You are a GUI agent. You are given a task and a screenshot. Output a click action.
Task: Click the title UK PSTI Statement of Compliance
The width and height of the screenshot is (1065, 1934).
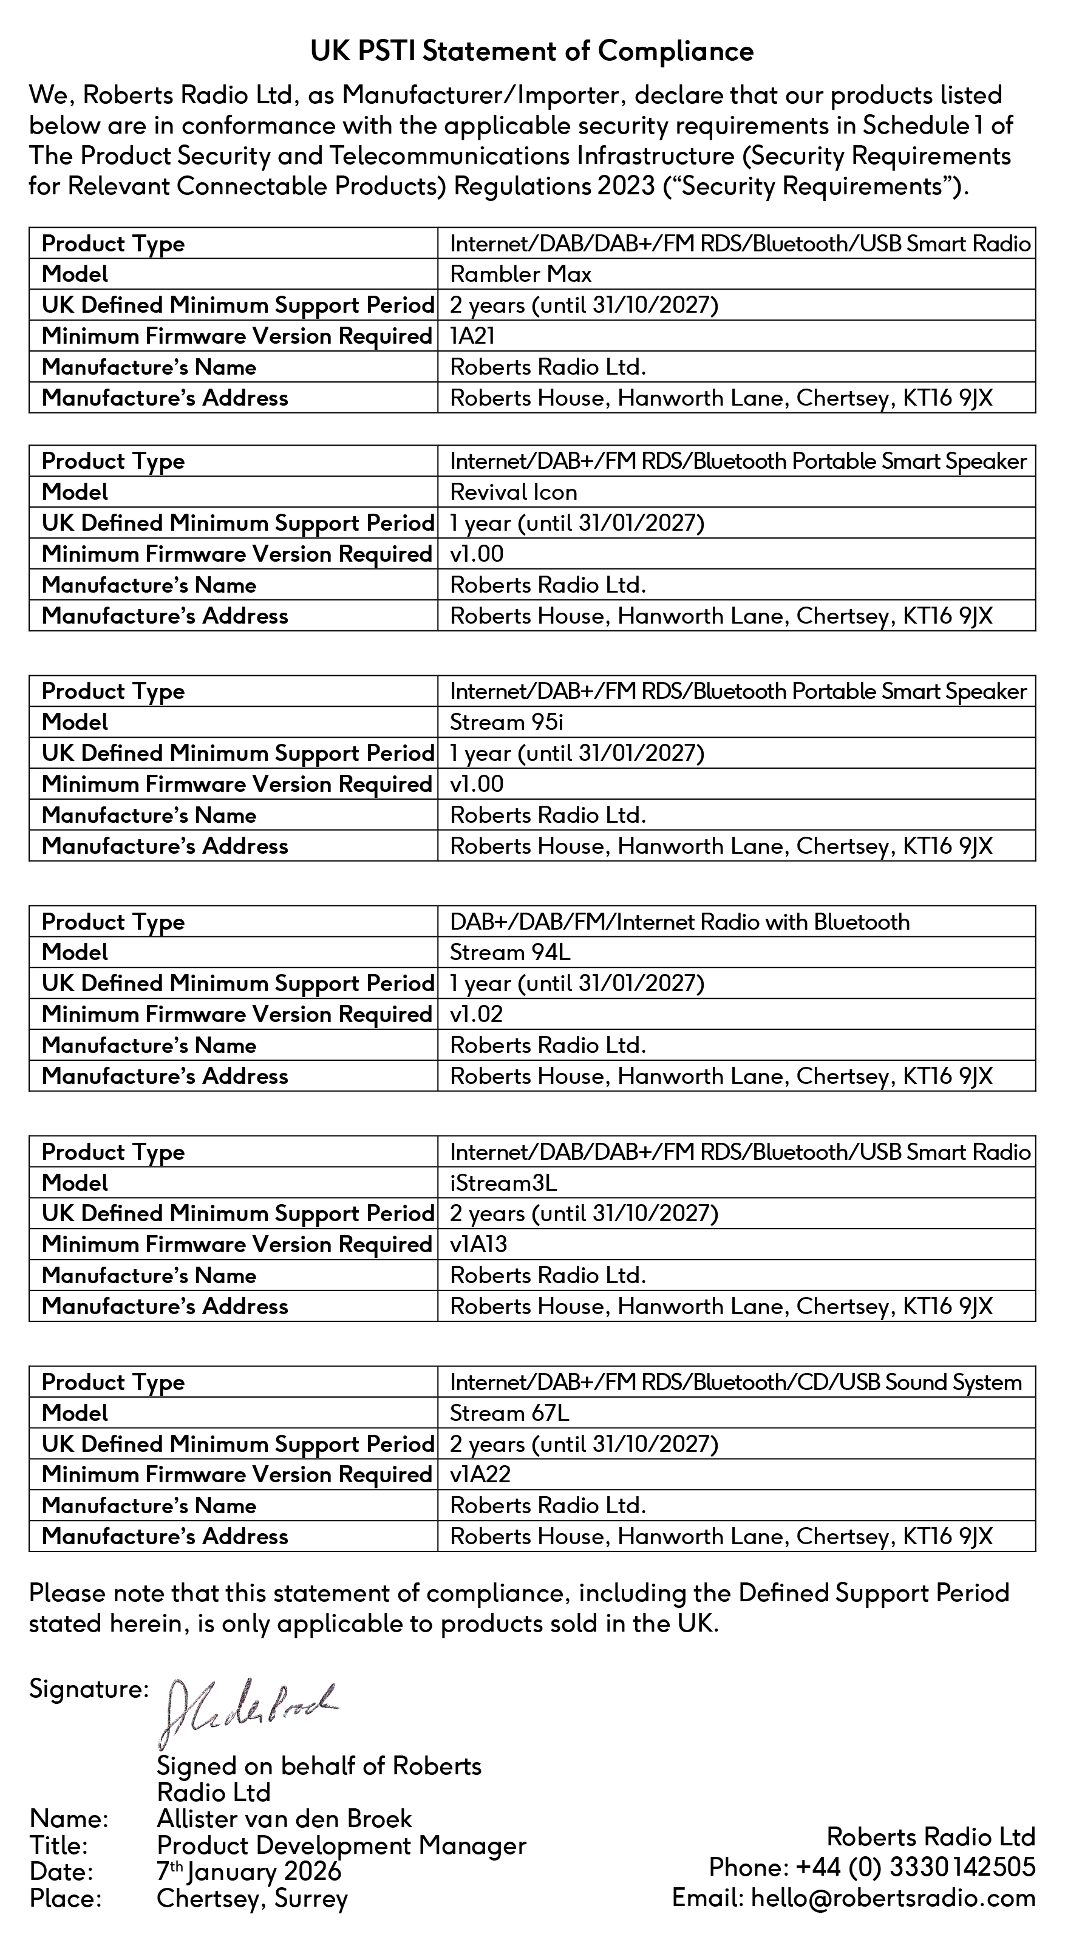(x=532, y=51)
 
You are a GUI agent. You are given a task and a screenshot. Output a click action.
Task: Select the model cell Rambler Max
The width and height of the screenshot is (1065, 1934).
(x=520, y=274)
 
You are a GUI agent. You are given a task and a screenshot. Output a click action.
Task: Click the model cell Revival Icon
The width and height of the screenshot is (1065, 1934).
(x=513, y=492)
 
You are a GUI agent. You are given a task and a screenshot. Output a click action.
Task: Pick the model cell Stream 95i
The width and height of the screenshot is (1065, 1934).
(x=506, y=722)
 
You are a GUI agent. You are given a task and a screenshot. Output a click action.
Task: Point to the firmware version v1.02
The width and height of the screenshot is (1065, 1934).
(x=476, y=1013)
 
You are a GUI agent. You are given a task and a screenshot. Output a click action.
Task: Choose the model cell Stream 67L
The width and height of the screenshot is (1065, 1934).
(x=509, y=1413)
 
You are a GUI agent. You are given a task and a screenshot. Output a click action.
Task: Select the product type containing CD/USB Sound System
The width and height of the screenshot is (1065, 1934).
(x=735, y=1382)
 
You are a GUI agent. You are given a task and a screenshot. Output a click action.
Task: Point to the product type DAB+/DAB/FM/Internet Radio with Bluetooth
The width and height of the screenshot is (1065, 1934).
(x=679, y=921)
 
